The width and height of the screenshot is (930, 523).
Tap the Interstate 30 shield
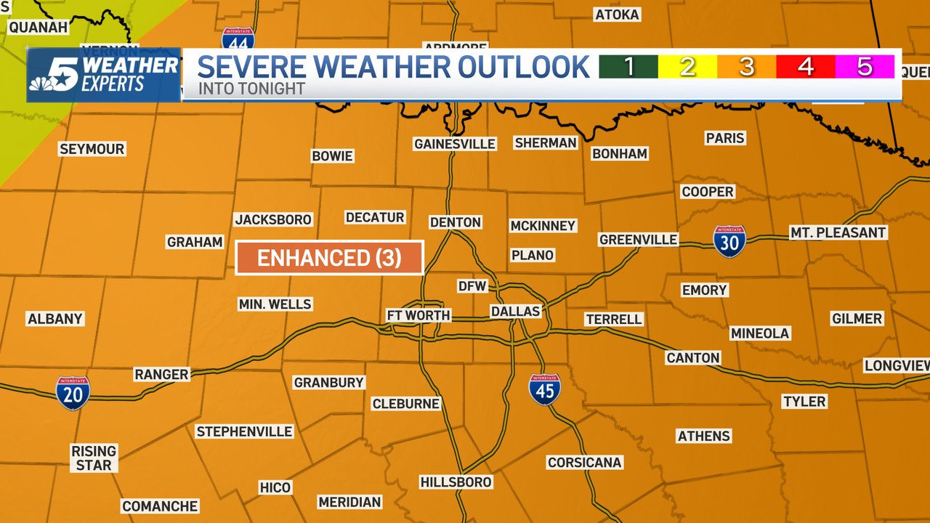point(729,241)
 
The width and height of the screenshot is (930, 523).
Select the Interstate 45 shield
point(545,389)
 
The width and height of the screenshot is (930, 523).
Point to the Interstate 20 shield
point(73,392)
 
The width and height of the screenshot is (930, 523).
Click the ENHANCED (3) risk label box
point(329,258)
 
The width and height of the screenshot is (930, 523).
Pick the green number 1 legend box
point(628,67)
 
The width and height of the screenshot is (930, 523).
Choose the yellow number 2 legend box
point(687,67)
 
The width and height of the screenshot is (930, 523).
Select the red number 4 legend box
point(805,67)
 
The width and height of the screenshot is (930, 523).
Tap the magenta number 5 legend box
point(865,67)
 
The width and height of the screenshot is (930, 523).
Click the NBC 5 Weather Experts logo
point(104,75)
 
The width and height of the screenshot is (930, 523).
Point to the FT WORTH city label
point(418,315)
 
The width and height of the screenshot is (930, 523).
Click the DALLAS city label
point(516,311)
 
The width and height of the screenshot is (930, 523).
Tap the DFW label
point(472,286)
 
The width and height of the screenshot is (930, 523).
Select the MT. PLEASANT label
point(838,232)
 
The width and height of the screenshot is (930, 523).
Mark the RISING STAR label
point(94,458)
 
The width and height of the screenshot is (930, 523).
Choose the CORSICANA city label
point(585,462)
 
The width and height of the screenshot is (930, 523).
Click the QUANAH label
point(38,27)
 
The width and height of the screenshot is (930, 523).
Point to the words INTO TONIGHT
point(244,89)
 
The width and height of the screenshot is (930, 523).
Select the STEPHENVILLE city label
point(244,431)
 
